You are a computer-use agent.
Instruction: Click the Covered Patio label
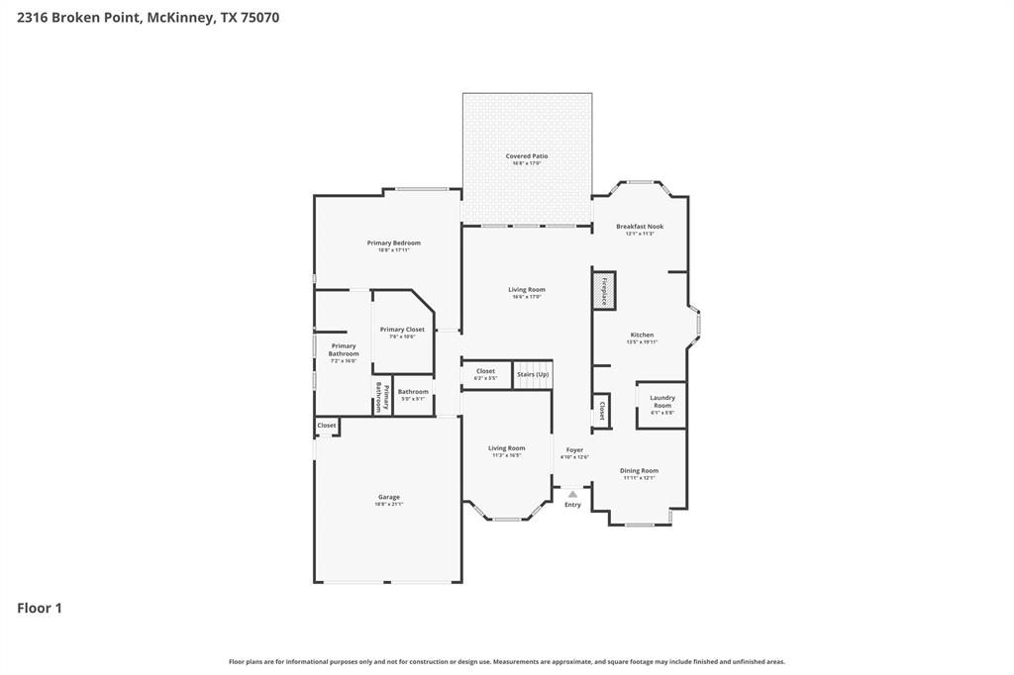pos(526,156)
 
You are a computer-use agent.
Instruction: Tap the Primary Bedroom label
pos(393,243)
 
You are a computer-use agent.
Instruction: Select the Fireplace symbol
pos(603,290)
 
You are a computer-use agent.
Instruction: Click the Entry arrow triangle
pos(572,493)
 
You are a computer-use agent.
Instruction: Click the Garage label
pos(388,498)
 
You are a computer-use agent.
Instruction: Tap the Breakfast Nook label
pos(639,227)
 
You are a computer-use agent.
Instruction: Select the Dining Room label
pos(639,471)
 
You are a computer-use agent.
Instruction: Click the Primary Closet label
pos(402,330)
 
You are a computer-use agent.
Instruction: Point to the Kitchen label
pos(642,336)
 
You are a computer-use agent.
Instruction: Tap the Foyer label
pos(574,450)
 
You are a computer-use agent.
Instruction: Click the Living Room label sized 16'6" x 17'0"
pos(527,290)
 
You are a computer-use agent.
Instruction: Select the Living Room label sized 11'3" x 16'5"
pos(506,448)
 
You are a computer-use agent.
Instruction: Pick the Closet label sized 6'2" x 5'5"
pos(485,372)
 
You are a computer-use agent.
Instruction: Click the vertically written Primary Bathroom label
pos(377,397)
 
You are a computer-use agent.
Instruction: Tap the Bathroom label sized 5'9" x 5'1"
pos(413,392)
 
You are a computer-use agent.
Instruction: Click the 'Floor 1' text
pos(40,609)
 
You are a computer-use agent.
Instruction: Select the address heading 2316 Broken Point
pos(149,17)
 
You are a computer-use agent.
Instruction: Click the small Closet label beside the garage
pos(327,426)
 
